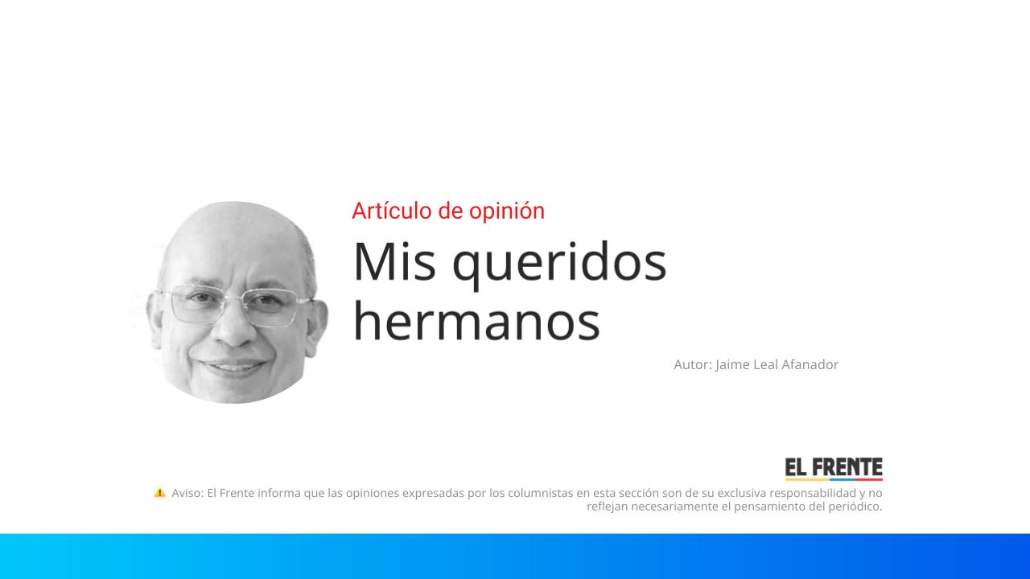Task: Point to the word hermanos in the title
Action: [x=476, y=321]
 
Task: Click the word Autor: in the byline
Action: [x=692, y=364]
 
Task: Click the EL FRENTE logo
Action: [x=834, y=468]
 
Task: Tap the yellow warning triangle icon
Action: [x=159, y=492]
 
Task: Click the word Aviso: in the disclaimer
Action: [x=187, y=492]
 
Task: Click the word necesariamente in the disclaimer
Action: [x=667, y=507]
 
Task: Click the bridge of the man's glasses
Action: [x=235, y=298]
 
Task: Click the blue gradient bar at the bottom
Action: [x=515, y=556]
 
